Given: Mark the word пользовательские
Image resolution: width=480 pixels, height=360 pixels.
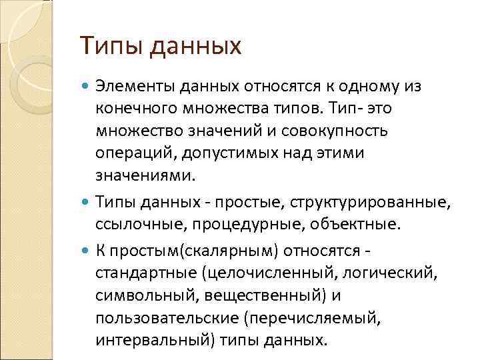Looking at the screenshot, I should click(x=165, y=317).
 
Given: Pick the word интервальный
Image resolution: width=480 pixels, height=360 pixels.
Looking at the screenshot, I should click(x=142, y=340).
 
